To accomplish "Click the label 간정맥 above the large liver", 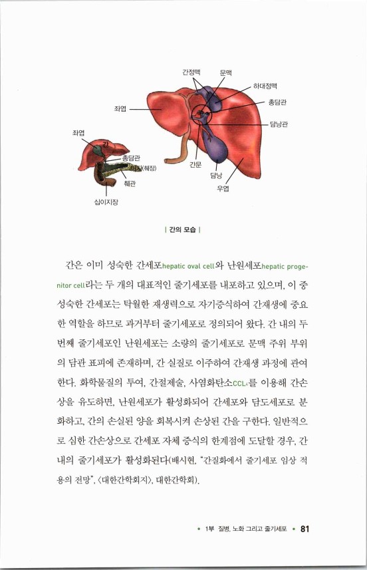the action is click(192, 72).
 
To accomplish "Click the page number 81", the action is click(306, 529).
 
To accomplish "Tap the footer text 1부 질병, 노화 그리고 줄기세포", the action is click(250, 529).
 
